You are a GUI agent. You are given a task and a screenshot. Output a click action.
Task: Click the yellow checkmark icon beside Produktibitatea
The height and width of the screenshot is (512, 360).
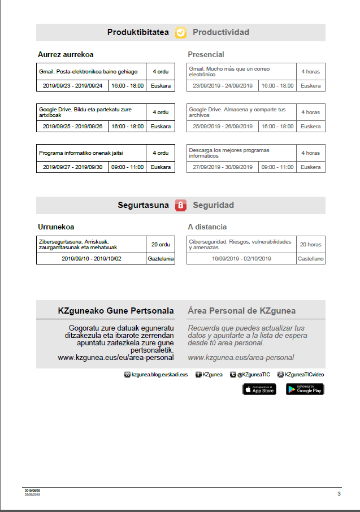(x=181, y=33)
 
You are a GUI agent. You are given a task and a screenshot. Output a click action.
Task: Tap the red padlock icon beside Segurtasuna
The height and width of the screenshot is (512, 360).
(x=181, y=205)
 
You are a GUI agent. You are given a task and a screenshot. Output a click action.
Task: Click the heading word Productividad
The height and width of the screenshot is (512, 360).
(x=221, y=32)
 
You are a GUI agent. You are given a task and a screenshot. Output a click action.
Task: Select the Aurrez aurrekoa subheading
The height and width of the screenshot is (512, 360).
(x=66, y=54)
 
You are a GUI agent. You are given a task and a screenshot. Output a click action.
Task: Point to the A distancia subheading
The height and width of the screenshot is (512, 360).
(x=207, y=227)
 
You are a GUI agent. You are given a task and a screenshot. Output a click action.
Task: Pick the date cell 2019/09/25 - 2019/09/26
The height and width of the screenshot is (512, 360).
(x=72, y=126)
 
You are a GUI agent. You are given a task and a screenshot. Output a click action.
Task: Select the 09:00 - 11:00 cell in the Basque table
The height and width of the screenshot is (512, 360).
(x=128, y=167)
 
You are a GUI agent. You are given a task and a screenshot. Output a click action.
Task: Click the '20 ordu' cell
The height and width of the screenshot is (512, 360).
(x=161, y=245)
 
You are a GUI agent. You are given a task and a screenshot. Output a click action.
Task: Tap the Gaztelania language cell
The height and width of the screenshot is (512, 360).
(x=161, y=259)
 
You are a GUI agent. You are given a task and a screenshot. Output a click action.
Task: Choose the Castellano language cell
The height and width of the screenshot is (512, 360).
(x=311, y=259)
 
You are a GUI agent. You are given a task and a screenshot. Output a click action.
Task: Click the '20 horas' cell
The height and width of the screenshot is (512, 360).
(x=311, y=245)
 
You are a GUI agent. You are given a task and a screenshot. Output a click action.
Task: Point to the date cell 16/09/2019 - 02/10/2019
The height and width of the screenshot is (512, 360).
(x=241, y=259)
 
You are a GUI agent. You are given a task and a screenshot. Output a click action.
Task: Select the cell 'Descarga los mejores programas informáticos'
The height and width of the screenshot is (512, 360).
(x=241, y=153)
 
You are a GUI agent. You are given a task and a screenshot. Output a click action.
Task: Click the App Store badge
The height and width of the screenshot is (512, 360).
(x=259, y=389)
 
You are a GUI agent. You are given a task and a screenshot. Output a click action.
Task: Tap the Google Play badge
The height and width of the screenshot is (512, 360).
(x=305, y=389)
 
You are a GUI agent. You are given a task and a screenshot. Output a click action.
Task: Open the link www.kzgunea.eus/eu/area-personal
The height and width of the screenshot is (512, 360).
(x=116, y=357)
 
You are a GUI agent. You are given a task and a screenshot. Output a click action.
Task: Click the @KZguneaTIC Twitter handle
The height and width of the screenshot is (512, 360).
(x=253, y=374)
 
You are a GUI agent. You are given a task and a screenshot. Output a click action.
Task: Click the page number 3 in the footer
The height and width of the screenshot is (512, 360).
(x=339, y=493)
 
